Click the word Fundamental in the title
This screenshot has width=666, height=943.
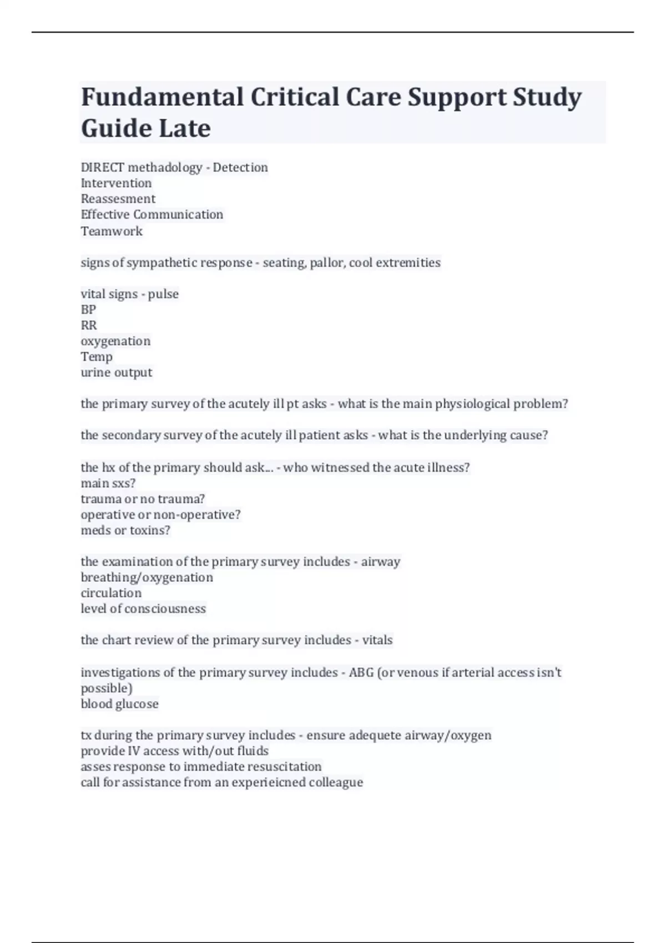pyautogui.click(x=162, y=97)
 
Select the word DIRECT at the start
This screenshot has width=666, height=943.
pyautogui.click(x=103, y=168)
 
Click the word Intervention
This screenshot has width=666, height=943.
pyautogui.click(x=116, y=183)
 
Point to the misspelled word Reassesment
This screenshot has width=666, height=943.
pyautogui.click(x=118, y=199)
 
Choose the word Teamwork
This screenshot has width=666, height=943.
pyautogui.click(x=112, y=231)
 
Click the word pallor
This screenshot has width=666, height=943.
pyautogui.click(x=327, y=262)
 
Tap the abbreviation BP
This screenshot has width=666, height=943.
pyautogui.click(x=88, y=310)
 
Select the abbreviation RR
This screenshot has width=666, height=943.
pyautogui.click(x=89, y=325)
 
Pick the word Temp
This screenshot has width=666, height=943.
pyautogui.click(x=97, y=357)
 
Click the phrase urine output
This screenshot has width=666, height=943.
pyautogui.click(x=117, y=372)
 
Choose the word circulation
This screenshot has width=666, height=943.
pyautogui.click(x=111, y=593)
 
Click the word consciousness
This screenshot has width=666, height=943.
pyautogui.click(x=165, y=609)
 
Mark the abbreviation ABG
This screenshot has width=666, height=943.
pyautogui.click(x=361, y=673)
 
